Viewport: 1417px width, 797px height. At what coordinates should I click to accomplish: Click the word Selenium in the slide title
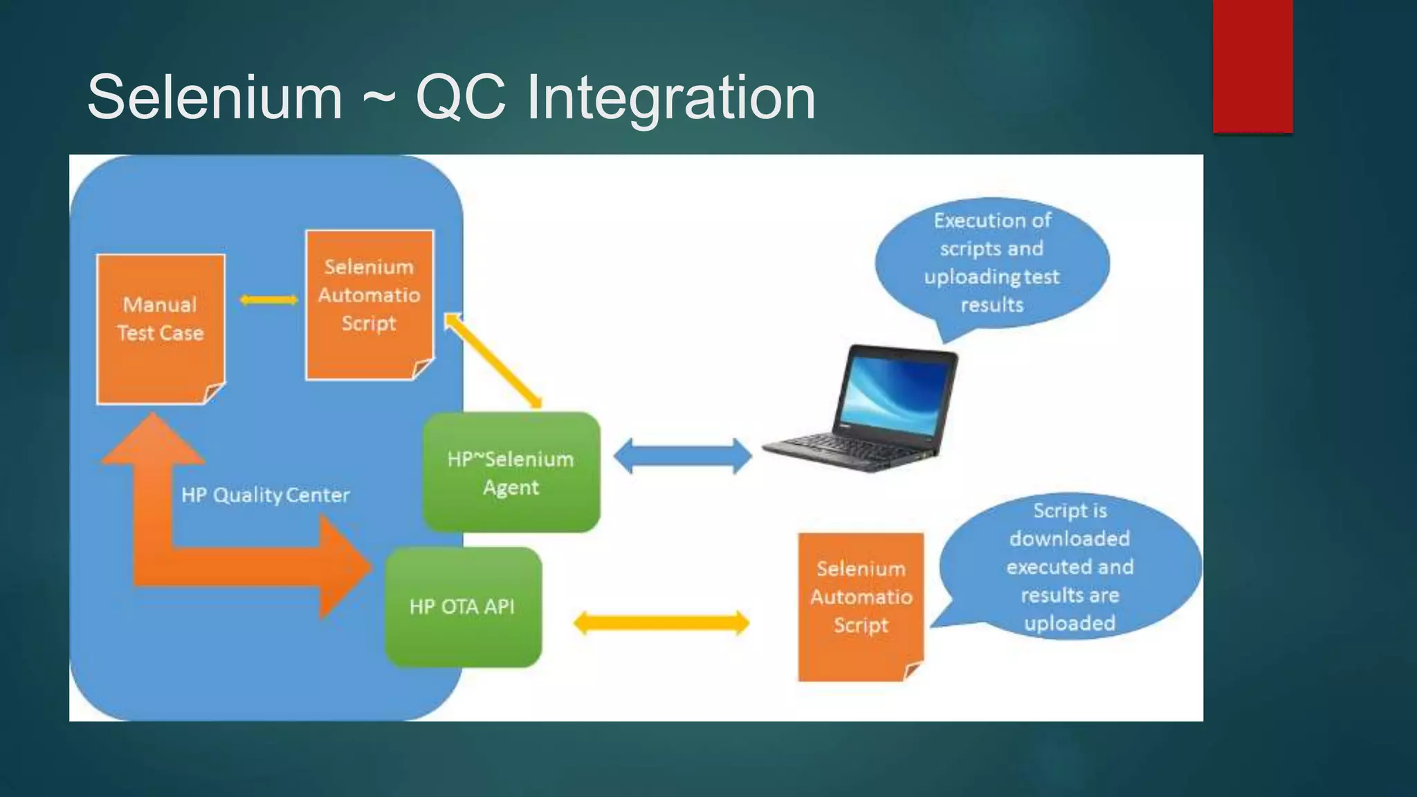pyautogui.click(x=214, y=98)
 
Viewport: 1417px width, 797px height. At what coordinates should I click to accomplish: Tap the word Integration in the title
pyautogui.click(x=670, y=98)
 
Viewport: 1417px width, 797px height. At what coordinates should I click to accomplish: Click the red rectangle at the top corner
pyautogui.click(x=1252, y=66)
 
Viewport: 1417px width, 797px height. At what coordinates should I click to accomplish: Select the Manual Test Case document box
pyautogui.click(x=161, y=329)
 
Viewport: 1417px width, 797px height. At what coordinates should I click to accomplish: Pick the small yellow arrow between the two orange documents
pyautogui.click(x=268, y=300)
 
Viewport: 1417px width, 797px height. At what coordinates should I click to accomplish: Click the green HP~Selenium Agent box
pyautogui.click(x=511, y=473)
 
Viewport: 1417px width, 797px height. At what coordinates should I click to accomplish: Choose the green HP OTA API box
pyautogui.click(x=462, y=607)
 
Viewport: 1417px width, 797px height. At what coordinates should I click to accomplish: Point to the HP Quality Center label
pyautogui.click(x=265, y=495)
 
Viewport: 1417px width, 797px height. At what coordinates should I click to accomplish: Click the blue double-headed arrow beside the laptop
pyautogui.click(x=682, y=457)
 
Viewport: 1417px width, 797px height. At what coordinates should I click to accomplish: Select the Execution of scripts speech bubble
pyautogui.click(x=991, y=263)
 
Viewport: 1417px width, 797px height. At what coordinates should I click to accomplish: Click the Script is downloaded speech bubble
pyautogui.click(x=1069, y=566)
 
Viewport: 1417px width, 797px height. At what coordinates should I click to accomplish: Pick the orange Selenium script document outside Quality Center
pyautogui.click(x=861, y=605)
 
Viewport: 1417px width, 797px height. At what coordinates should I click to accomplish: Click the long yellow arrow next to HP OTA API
pyautogui.click(x=661, y=623)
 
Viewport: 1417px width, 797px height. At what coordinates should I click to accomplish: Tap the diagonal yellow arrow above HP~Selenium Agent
pyautogui.click(x=493, y=360)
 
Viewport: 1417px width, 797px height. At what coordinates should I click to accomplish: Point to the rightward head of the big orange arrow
pyautogui.click(x=342, y=567)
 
